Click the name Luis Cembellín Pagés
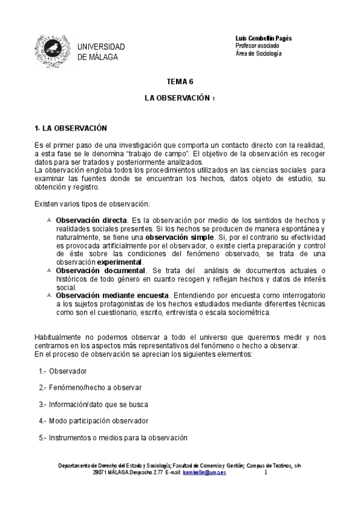(263, 38)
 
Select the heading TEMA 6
(179, 81)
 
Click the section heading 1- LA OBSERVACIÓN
(71, 128)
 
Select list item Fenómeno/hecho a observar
(90, 387)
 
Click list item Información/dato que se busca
(93, 404)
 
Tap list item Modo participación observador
(93, 420)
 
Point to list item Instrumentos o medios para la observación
(113, 437)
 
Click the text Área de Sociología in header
(258, 54)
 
